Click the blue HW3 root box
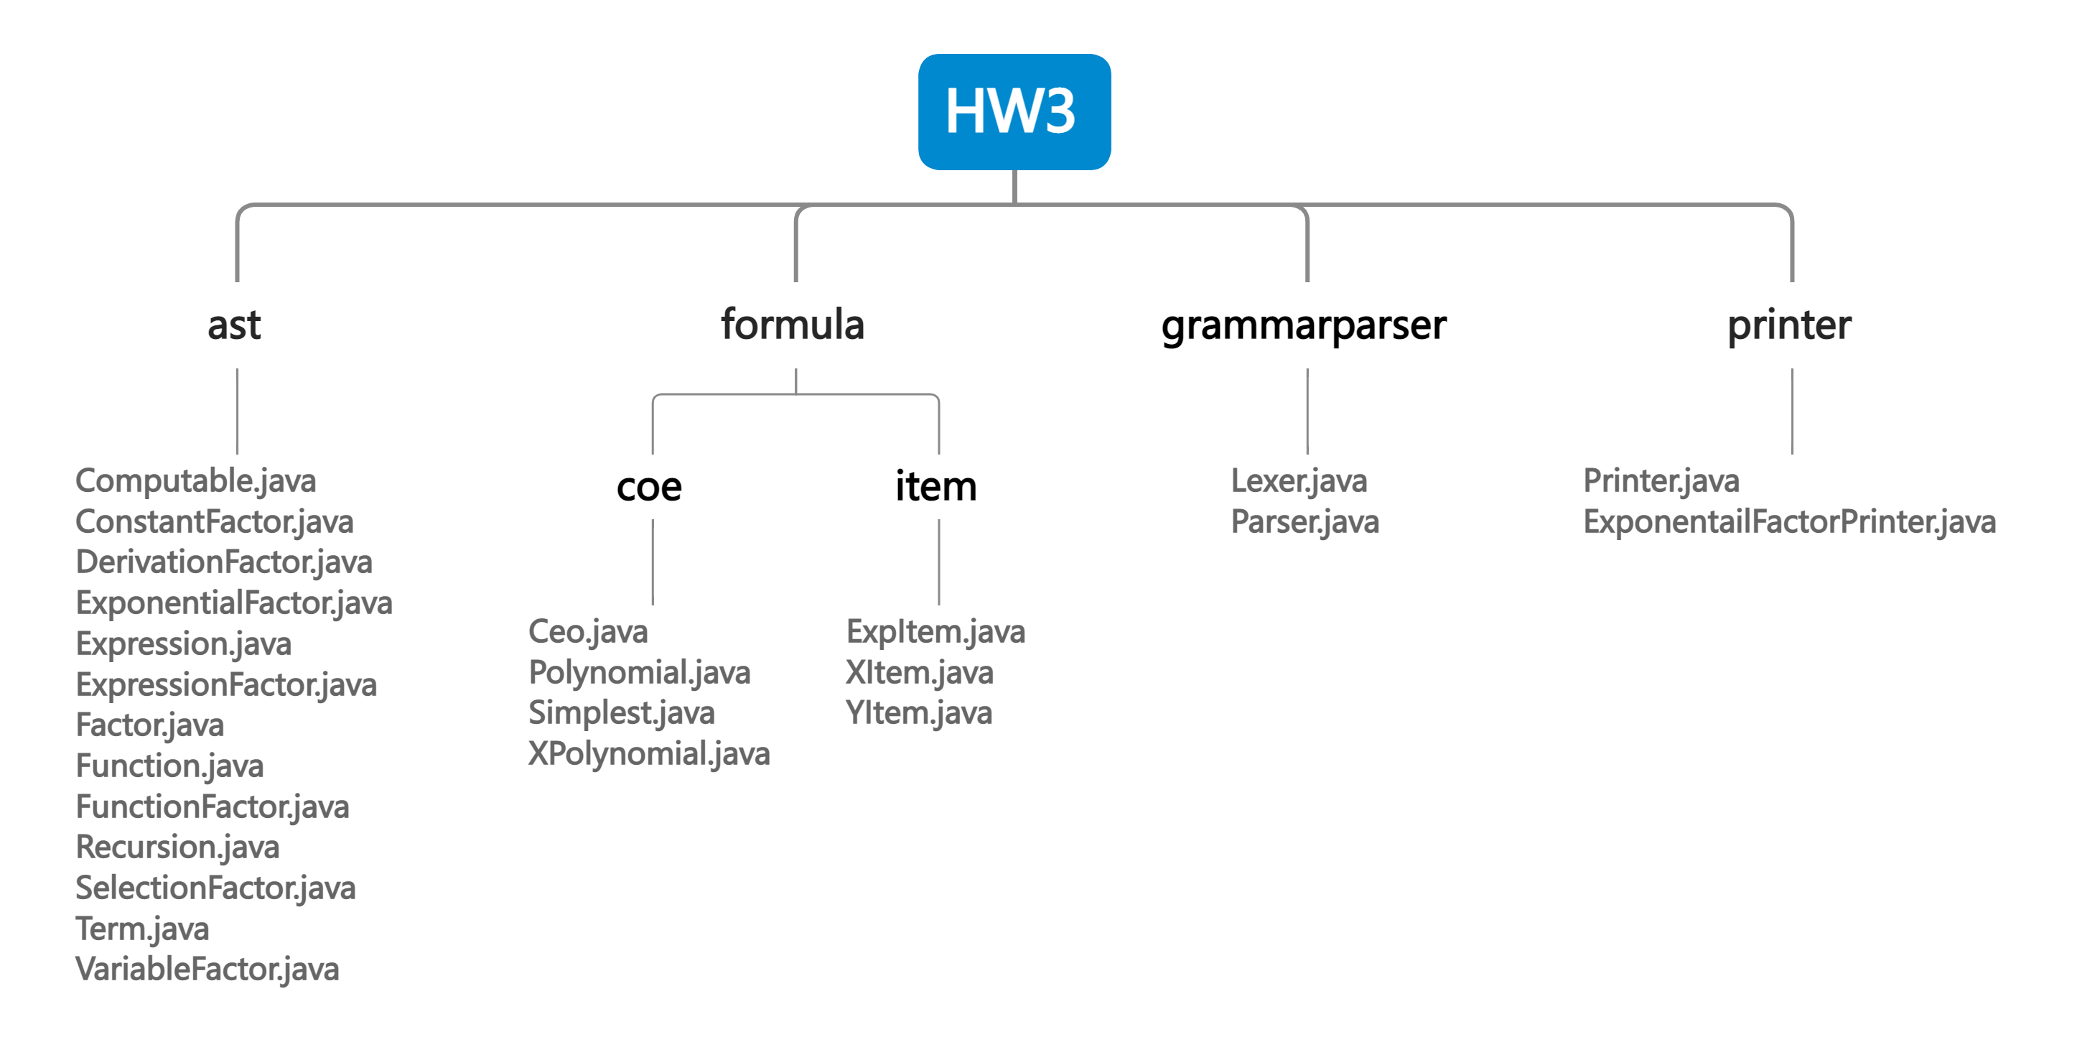pyautogui.click(x=1014, y=111)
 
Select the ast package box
pyautogui.click(x=237, y=325)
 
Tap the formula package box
pyautogui.click(x=795, y=325)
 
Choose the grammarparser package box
pyautogui.click(x=1306, y=325)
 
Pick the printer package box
pyautogui.click(x=1791, y=325)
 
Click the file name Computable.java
pyautogui.click(x=195, y=480)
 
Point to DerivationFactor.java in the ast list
pyautogui.click(x=223, y=562)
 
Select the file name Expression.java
pyautogui.click(x=183, y=643)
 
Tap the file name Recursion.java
pyautogui.click(x=177, y=847)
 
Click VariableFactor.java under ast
pyautogui.click(x=207, y=969)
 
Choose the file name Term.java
pyautogui.click(x=142, y=929)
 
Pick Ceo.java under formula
pyautogui.click(x=587, y=632)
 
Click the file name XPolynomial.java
pyautogui.click(x=648, y=753)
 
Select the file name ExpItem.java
pyautogui.click(x=935, y=632)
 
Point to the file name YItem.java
pyautogui.click(x=918, y=713)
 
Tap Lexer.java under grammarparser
pyautogui.click(x=1299, y=480)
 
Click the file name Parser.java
pyautogui.click(x=1304, y=522)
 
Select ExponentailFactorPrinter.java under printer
pyautogui.click(x=1789, y=522)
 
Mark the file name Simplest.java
pyautogui.click(x=621, y=713)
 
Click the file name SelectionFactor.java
pyautogui.click(x=215, y=888)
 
